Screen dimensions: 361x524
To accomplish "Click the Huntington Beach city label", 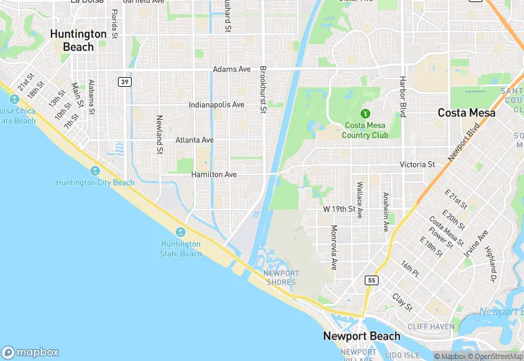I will pos(79,40).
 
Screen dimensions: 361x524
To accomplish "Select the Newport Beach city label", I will pos(362,336).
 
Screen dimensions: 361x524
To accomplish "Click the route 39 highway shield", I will pos(125,81).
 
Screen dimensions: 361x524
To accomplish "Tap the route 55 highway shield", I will pos(371,280).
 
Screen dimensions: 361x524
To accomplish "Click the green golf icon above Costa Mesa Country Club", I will pos(365,113).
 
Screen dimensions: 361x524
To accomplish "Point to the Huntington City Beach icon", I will pos(95,171).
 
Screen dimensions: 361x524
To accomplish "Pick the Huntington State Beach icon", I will pos(181,231).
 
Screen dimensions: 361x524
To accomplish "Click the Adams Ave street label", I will pos(232,70).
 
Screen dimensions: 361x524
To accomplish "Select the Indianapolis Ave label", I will pos(216,105).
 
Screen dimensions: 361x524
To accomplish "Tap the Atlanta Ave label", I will pos(194,140).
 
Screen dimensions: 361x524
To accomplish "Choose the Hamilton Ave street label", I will pos(214,175).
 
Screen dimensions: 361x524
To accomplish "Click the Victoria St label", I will pos(417,165).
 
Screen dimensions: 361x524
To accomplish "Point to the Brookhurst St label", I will pos(263,90).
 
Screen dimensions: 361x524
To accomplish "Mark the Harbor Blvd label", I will pos(403,96).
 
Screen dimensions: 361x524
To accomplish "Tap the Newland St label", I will pos(159,134).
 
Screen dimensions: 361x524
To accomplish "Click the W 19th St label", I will pos(339,209).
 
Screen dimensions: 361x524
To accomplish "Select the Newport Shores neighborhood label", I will pos(281,278).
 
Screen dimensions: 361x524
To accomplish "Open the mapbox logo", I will pos(30,351).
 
